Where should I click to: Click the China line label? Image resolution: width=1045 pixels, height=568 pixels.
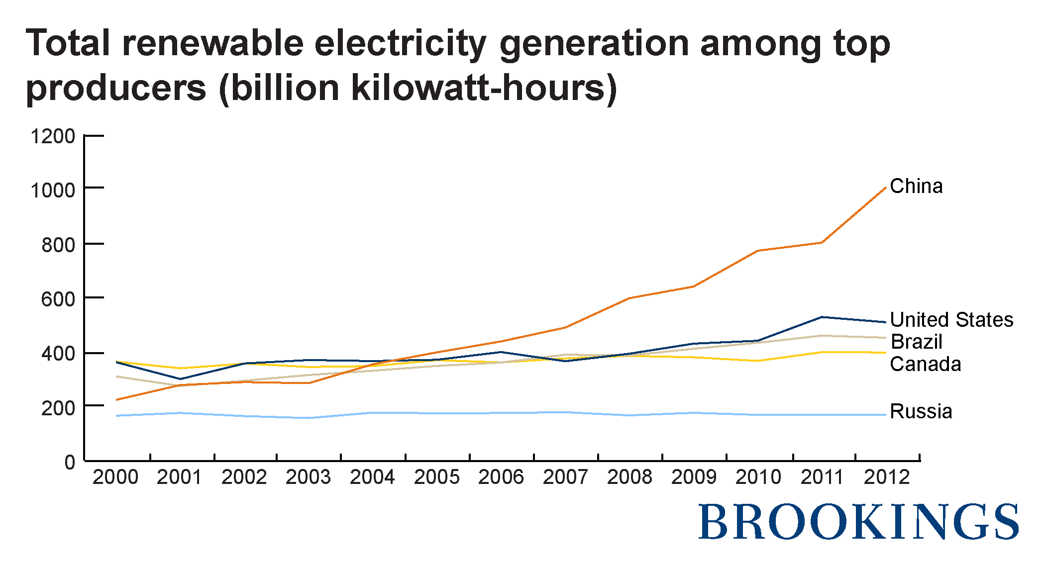coord(916,186)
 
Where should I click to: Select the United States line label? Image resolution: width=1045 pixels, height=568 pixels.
coord(951,319)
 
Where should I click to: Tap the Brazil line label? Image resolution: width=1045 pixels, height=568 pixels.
coord(916,342)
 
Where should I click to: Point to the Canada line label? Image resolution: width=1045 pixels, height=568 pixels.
coord(925,364)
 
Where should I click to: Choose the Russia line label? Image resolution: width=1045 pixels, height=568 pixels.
coord(921,411)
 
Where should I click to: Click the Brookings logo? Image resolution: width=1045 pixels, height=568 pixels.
coord(858,522)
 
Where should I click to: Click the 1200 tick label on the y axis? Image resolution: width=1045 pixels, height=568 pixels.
coord(53,136)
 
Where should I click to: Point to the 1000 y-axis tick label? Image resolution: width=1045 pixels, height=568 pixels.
coord(53,190)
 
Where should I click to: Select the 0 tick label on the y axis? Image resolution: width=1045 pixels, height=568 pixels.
coord(70,462)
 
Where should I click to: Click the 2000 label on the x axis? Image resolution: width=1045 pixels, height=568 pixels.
coord(115,477)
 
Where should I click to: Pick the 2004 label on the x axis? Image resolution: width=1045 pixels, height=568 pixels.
coord(372,477)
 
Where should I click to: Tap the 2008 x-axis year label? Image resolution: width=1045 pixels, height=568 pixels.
coord(629,477)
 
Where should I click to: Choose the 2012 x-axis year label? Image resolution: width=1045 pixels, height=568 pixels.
coord(887,477)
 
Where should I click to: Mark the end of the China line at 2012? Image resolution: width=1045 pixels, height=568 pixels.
coord(886,188)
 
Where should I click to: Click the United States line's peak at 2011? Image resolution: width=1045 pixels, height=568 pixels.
coord(822,317)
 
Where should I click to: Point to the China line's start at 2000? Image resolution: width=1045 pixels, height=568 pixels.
coord(116,400)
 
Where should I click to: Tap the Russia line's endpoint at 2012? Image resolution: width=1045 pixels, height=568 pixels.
coord(886,415)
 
